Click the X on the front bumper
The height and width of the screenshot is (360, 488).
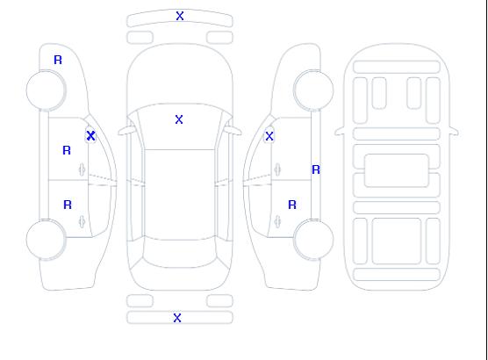click(180, 16)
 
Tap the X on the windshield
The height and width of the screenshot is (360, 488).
click(179, 119)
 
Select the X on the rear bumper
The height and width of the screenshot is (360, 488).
click(177, 318)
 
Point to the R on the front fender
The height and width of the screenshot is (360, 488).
click(58, 60)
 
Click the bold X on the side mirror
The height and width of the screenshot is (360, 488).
click(91, 135)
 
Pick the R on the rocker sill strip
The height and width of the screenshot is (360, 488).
click(316, 169)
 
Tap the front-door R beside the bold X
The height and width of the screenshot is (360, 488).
click(67, 150)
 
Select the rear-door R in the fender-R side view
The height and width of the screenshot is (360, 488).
click(68, 205)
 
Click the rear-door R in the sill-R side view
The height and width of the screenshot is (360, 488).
click(292, 205)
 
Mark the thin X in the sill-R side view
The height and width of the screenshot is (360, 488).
click(269, 136)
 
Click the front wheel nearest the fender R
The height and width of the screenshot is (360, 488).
click(46, 90)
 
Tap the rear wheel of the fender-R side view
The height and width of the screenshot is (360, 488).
click(46, 240)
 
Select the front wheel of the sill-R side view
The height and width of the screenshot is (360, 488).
click(313, 90)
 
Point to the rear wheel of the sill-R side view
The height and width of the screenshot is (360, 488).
click(313, 240)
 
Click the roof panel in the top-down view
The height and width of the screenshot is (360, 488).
click(180, 195)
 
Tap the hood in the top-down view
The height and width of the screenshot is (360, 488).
click(180, 75)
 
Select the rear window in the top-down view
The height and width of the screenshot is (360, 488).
click(180, 253)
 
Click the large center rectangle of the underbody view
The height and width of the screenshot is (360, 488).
click(397, 170)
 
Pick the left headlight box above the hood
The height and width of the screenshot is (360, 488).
click(140, 38)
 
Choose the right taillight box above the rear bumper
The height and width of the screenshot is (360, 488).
click(219, 301)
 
